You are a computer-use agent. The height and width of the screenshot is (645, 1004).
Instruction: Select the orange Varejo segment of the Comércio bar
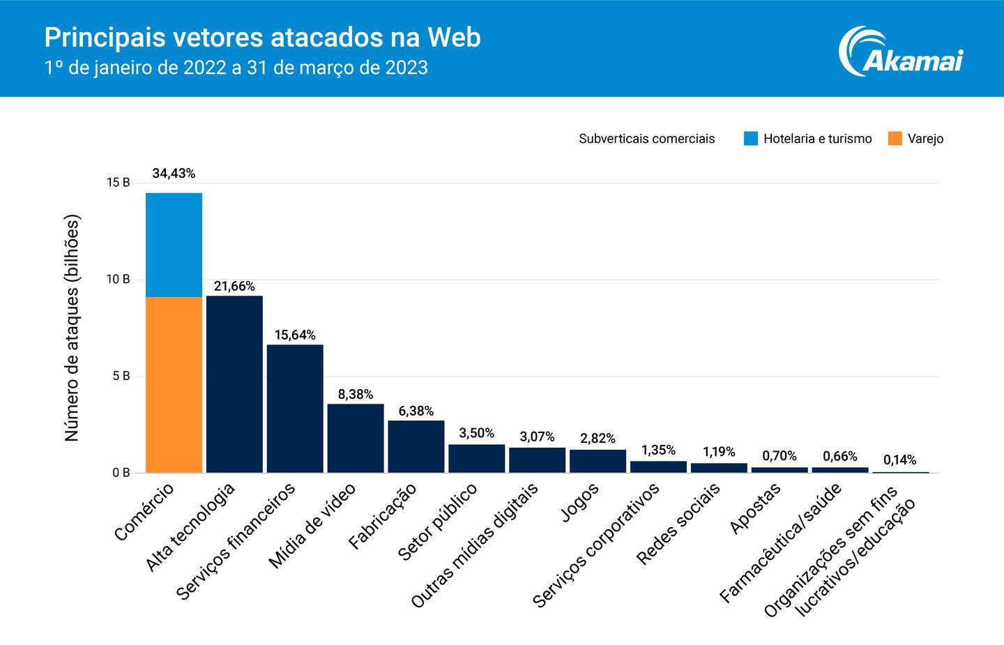[x=174, y=385]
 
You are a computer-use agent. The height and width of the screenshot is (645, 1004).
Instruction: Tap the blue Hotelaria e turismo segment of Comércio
[x=174, y=245]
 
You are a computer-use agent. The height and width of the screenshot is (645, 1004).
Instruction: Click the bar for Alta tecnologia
[x=234, y=384]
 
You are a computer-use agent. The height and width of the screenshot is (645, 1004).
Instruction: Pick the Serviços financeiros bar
[x=295, y=409]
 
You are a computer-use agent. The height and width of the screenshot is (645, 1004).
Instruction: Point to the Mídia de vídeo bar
[x=356, y=438]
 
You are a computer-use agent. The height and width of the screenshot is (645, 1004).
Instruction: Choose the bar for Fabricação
[x=416, y=446]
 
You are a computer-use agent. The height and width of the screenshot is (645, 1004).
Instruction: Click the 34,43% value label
[x=174, y=174]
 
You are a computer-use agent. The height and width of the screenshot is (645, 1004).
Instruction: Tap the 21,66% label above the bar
[x=234, y=286]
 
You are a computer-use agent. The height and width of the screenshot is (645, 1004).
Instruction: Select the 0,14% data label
[x=899, y=460]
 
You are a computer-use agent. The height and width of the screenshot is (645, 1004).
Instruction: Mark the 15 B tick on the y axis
[x=119, y=183]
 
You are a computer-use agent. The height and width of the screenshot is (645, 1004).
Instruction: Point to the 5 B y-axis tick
[x=120, y=376]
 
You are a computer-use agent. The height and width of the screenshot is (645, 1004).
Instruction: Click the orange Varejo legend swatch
[x=895, y=138]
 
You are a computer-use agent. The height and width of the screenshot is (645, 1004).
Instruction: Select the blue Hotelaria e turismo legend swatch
[x=750, y=138]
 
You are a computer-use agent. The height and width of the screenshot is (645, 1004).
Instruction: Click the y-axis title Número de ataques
[x=73, y=328]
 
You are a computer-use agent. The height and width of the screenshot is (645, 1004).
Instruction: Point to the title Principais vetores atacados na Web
[x=262, y=38]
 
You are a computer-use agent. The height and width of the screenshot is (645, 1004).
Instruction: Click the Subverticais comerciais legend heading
[x=646, y=139]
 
